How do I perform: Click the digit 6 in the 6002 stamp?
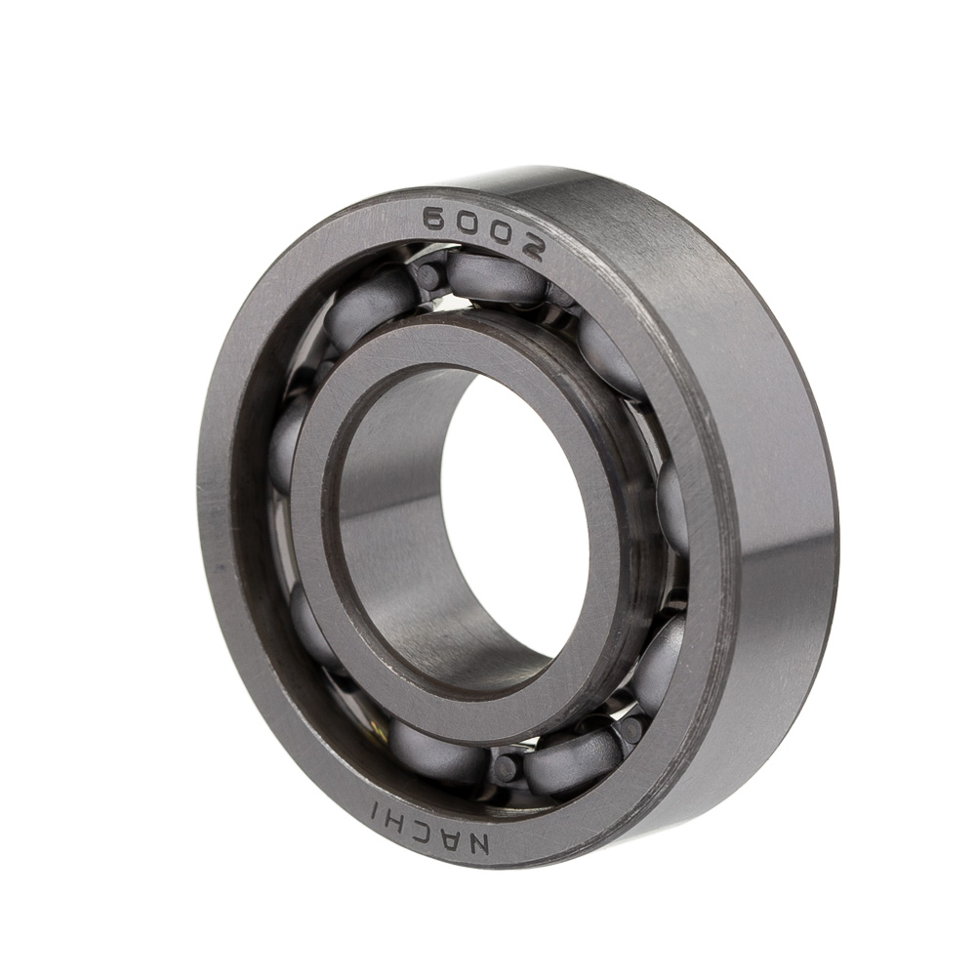point(438,219)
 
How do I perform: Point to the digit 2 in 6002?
point(530,247)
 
